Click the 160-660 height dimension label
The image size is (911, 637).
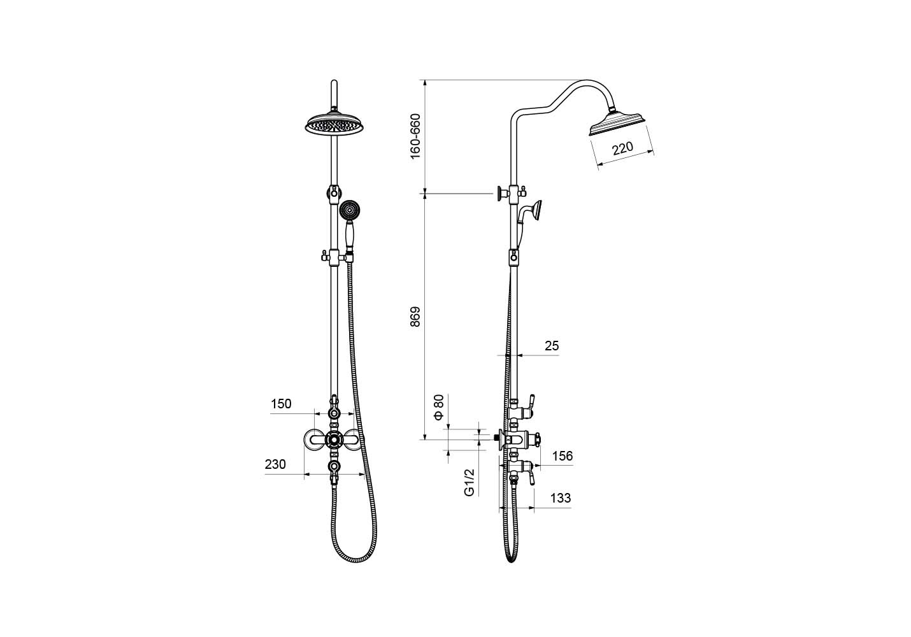(x=415, y=136)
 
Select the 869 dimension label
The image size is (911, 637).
(x=415, y=317)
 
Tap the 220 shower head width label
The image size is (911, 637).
(x=622, y=148)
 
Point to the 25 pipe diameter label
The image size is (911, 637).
(x=552, y=346)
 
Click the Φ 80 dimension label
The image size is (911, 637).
(x=439, y=407)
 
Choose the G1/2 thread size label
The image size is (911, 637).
(x=470, y=482)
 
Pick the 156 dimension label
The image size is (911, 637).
(x=562, y=456)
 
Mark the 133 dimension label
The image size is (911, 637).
(x=561, y=498)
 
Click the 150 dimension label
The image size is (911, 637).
(x=282, y=404)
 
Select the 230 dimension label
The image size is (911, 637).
(x=275, y=464)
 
